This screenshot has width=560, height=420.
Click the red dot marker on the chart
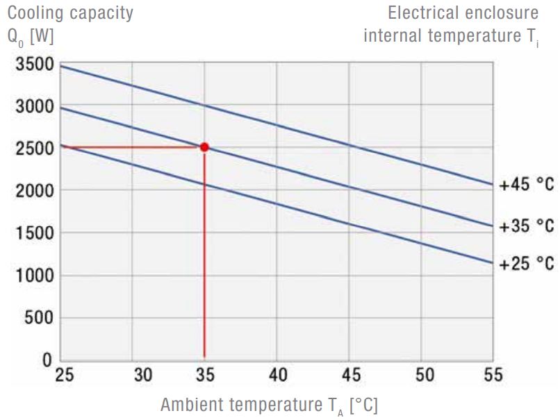pyautogui.click(x=204, y=147)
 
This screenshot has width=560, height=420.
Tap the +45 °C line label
pyautogui.click(x=527, y=185)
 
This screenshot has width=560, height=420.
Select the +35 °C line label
pyautogui.click(x=527, y=226)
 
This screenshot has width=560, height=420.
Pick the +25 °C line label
pyautogui.click(x=527, y=264)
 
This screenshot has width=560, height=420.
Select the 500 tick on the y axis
pyautogui.click(x=38, y=318)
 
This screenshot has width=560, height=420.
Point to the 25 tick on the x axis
pyautogui.click(x=63, y=376)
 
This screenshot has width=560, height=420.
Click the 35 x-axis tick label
pyautogui.click(x=205, y=376)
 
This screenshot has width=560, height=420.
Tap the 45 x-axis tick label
pyautogui.click(x=352, y=376)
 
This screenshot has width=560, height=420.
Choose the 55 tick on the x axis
pyautogui.click(x=493, y=376)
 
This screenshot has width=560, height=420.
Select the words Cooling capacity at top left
pyautogui.click(x=70, y=13)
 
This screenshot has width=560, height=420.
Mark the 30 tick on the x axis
pyautogui.click(x=142, y=376)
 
